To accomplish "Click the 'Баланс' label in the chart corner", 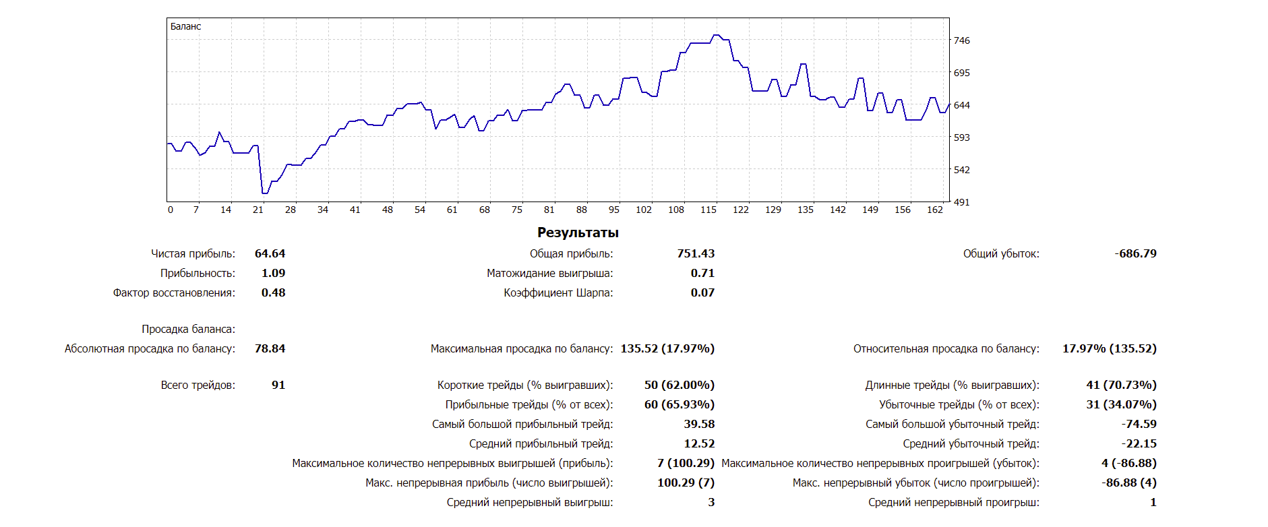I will (185, 26).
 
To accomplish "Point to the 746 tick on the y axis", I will (961, 40).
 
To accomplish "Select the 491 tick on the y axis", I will (961, 202).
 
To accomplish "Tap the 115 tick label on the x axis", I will (708, 210).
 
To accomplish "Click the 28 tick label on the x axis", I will (291, 210).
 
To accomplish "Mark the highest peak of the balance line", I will (716, 35).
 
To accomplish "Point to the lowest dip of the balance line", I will (264, 193).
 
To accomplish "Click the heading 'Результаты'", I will (578, 232).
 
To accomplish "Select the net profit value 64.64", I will (270, 253).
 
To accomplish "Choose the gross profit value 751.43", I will (696, 253).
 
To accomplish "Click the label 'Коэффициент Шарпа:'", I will (558, 292).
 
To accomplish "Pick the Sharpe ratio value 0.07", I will (702, 292).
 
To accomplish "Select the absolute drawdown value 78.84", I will (270, 348).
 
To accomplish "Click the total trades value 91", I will (278, 385).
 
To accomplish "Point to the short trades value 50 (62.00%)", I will (679, 385).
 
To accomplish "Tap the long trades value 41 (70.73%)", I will (1121, 385).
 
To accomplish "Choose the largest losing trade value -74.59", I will (1139, 424).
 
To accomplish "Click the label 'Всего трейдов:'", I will (198, 385).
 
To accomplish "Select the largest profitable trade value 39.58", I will (699, 424).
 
